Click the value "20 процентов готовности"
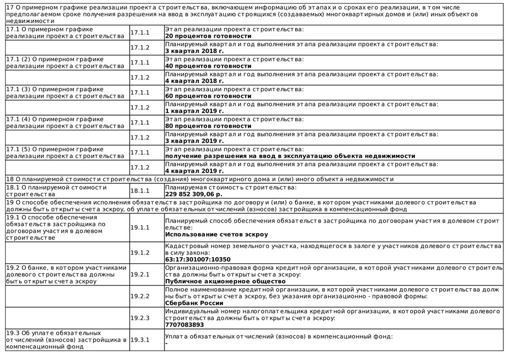point(208,36)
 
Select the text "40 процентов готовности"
point(208,66)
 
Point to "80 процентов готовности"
point(208,126)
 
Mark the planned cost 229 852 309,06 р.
point(194,194)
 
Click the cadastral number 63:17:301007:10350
point(197,259)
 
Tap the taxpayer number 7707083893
point(184,324)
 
